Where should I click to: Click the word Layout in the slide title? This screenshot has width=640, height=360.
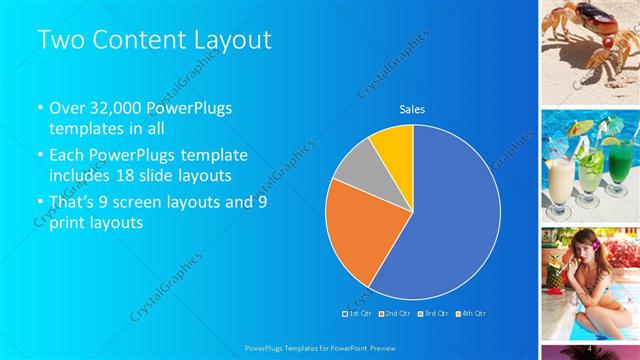pos(227,39)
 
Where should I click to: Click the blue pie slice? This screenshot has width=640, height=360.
pos(450,215)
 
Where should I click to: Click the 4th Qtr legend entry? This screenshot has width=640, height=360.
pos(471,314)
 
